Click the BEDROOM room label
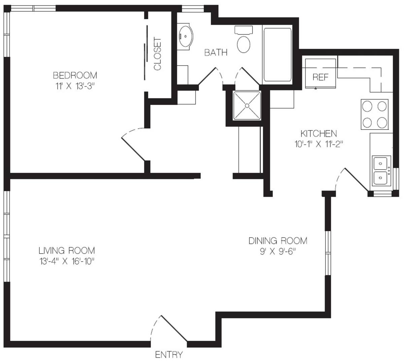[75, 75]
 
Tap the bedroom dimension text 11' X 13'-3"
[75, 86]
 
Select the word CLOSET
[158, 54]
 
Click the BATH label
[216, 52]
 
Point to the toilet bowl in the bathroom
[244, 44]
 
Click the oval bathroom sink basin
[186, 37]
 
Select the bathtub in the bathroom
[277, 54]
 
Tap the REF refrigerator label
[321, 77]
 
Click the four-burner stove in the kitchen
[375, 114]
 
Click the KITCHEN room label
[319, 134]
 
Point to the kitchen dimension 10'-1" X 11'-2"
[319, 144]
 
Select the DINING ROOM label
[278, 241]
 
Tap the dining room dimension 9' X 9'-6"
[278, 251]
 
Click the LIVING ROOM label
[67, 251]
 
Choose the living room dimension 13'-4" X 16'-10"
[67, 261]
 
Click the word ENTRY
[169, 355]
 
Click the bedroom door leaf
[133, 149]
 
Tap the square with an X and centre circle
[247, 106]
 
